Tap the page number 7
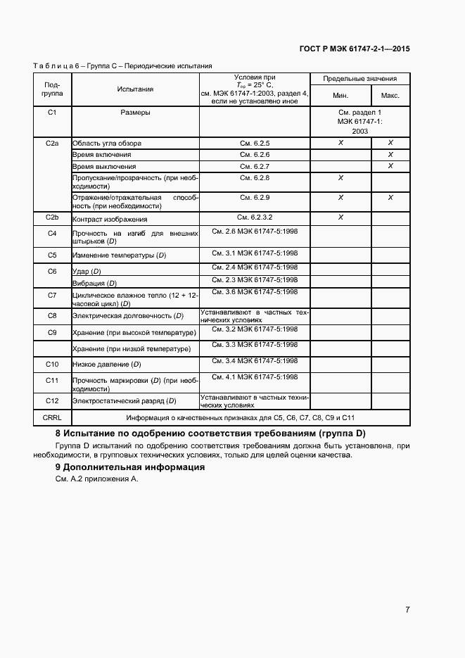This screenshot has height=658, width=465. pyautogui.click(x=408, y=609)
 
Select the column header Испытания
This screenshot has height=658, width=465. pyautogui.click(x=135, y=89)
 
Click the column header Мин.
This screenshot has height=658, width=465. pyautogui.click(x=340, y=96)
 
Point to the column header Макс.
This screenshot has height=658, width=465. pyautogui.click(x=390, y=96)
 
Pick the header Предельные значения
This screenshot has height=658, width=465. pyautogui.click(x=365, y=79)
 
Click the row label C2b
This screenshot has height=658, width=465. pyautogui.click(x=51, y=217)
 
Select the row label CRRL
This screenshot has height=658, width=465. pyautogui.click(x=51, y=417)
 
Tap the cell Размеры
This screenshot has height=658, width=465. pyautogui.click(x=135, y=113)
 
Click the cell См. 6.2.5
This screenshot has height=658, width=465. pyautogui.click(x=255, y=143)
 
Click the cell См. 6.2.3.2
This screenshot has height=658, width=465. pyautogui.click(x=255, y=217)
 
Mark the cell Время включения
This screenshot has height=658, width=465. pyautogui.click(x=102, y=155)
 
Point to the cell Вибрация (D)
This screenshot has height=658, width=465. pyautogui.click(x=94, y=283)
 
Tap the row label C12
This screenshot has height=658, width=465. pyautogui.click(x=51, y=400)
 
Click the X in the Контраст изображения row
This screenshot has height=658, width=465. pyautogui.click(x=340, y=217)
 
